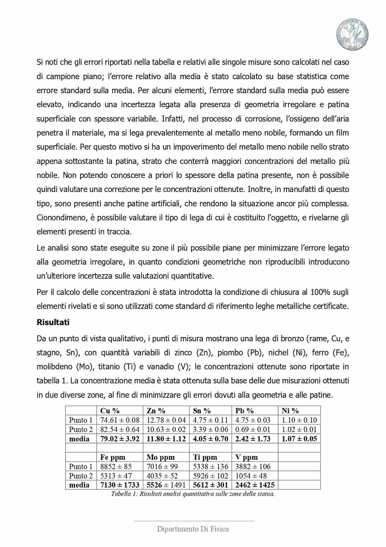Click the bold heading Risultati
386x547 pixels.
tap(53, 322)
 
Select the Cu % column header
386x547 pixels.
tap(110, 411)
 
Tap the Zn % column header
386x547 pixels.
tap(156, 411)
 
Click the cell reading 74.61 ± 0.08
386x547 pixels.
tap(120, 420)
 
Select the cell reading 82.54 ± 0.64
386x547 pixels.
tap(120, 429)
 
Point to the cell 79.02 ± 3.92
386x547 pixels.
tap(120, 439)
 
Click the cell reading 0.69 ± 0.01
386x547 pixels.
tap(253, 429)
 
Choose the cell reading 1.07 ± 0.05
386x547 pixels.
tap(299, 439)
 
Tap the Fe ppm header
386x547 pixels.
tap(113, 457)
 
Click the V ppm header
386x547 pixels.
tap(246, 457)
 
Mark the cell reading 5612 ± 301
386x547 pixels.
tap(210, 485)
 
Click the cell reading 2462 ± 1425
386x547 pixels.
tap(255, 485)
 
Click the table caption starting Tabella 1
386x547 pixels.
tap(193, 494)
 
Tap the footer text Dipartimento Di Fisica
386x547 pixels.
tap(193, 529)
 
